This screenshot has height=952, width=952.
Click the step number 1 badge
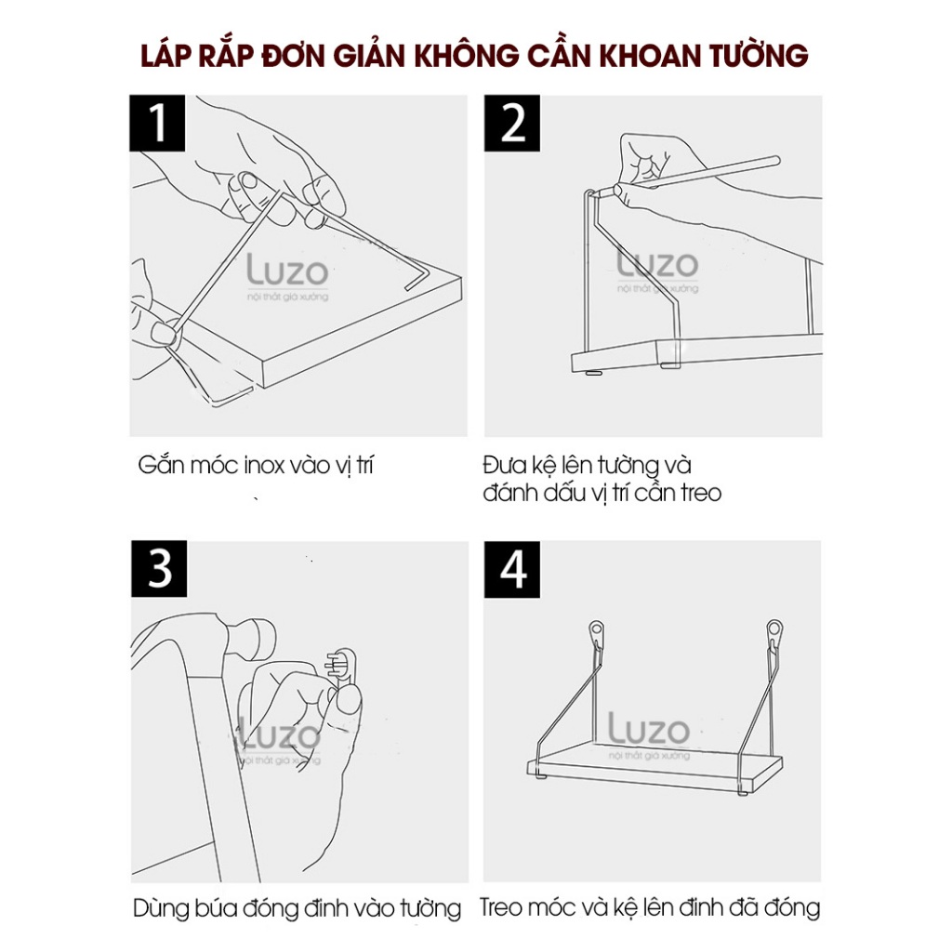click(x=156, y=124)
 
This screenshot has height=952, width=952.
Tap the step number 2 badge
click(x=512, y=124)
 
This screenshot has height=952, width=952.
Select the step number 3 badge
click(x=159, y=569)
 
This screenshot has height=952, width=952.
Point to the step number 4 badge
click(x=512, y=569)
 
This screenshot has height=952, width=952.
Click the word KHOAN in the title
click(x=651, y=55)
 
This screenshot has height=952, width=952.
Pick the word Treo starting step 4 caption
click(x=502, y=907)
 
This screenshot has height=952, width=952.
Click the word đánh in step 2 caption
click(x=510, y=493)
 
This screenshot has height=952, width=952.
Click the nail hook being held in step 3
click(x=343, y=665)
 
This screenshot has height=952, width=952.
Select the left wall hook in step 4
click(x=597, y=634)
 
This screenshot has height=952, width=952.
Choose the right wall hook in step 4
click(x=774, y=634)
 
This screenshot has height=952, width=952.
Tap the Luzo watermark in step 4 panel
click(x=648, y=730)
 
